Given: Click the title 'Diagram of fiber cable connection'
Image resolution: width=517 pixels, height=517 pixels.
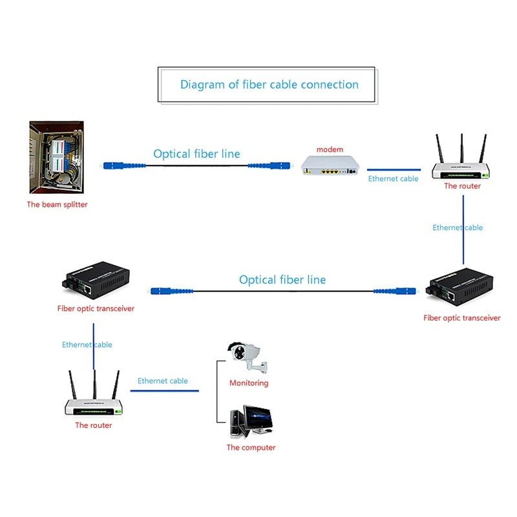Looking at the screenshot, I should (269, 85).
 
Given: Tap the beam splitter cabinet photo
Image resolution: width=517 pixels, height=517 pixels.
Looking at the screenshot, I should (56, 157).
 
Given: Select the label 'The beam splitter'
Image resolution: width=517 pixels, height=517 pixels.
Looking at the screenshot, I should (57, 205).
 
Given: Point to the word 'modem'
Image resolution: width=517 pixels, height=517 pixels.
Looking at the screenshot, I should (330, 149).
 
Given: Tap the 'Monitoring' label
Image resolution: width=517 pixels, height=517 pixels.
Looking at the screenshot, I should (249, 383).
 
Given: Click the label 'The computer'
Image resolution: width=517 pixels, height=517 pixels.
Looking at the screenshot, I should (251, 447).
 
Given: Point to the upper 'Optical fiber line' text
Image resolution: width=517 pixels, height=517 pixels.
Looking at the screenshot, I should (196, 154).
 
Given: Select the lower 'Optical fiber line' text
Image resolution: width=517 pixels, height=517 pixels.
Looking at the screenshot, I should (282, 280).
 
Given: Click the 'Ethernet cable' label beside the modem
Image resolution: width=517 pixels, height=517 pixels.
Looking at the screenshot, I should (393, 178).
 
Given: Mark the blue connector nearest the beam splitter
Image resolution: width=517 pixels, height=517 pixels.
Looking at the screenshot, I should (113, 165).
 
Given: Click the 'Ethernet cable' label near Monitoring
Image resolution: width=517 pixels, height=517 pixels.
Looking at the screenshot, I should (163, 381).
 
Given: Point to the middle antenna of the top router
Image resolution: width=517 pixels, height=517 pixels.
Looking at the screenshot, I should (461, 149).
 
